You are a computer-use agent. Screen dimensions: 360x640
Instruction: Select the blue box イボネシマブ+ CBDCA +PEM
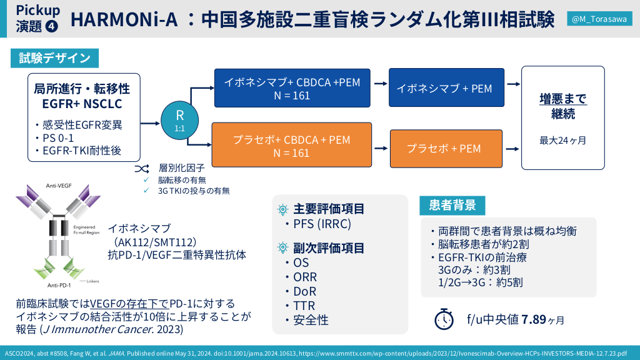click(x=292, y=88)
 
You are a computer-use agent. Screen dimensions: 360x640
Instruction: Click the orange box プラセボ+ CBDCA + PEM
click(x=292, y=146)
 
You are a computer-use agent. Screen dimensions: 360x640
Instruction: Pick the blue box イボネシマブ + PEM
click(x=444, y=88)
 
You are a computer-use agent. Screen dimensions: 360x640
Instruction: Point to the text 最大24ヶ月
click(x=563, y=140)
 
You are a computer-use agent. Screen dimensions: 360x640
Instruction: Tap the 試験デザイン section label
click(x=54, y=59)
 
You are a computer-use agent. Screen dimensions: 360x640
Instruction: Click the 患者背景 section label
click(x=452, y=205)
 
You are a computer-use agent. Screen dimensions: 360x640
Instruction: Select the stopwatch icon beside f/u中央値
click(x=444, y=319)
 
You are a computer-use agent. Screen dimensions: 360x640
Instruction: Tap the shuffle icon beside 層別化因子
click(x=142, y=168)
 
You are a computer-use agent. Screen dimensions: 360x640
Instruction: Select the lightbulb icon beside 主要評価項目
click(x=282, y=209)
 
